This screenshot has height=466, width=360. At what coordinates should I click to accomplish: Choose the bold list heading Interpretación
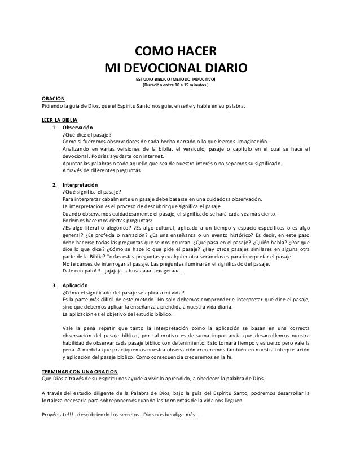pos(80,184)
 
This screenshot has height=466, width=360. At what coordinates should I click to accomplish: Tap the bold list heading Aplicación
pos(76,285)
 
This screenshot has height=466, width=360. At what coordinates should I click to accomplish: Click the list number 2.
pos(54,184)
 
